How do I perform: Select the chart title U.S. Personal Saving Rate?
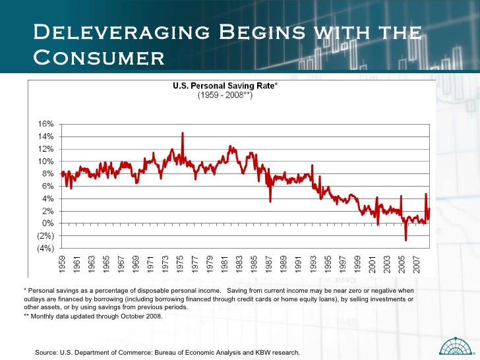click(225, 86)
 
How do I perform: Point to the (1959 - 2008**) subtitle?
click(225, 95)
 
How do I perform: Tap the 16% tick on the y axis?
click(45, 125)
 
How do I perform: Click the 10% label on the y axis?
click(45, 162)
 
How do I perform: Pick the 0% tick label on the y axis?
click(47, 224)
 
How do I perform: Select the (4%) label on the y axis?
click(45, 248)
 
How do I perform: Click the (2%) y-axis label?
click(45, 235)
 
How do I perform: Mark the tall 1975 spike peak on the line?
click(182, 133)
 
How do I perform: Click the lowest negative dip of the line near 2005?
click(406, 239)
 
